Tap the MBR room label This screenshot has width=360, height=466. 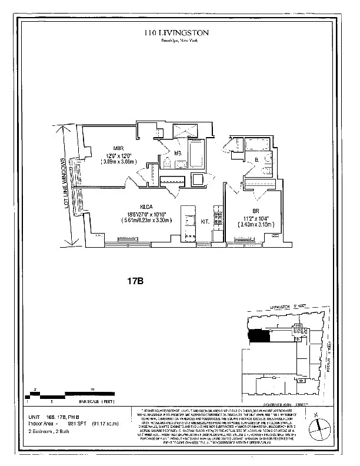tap(118, 148)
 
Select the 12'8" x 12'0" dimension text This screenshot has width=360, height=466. tap(118, 155)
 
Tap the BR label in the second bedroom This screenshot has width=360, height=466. tap(256, 211)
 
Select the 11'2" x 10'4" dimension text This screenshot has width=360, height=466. tap(256, 217)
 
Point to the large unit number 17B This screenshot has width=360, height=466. tap(135, 281)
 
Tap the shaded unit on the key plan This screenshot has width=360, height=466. tap(259, 336)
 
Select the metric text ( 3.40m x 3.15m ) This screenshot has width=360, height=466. tap(256, 224)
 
